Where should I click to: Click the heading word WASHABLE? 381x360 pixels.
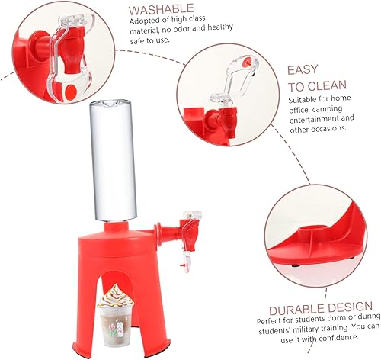161,10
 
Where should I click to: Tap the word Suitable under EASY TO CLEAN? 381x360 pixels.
303,98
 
